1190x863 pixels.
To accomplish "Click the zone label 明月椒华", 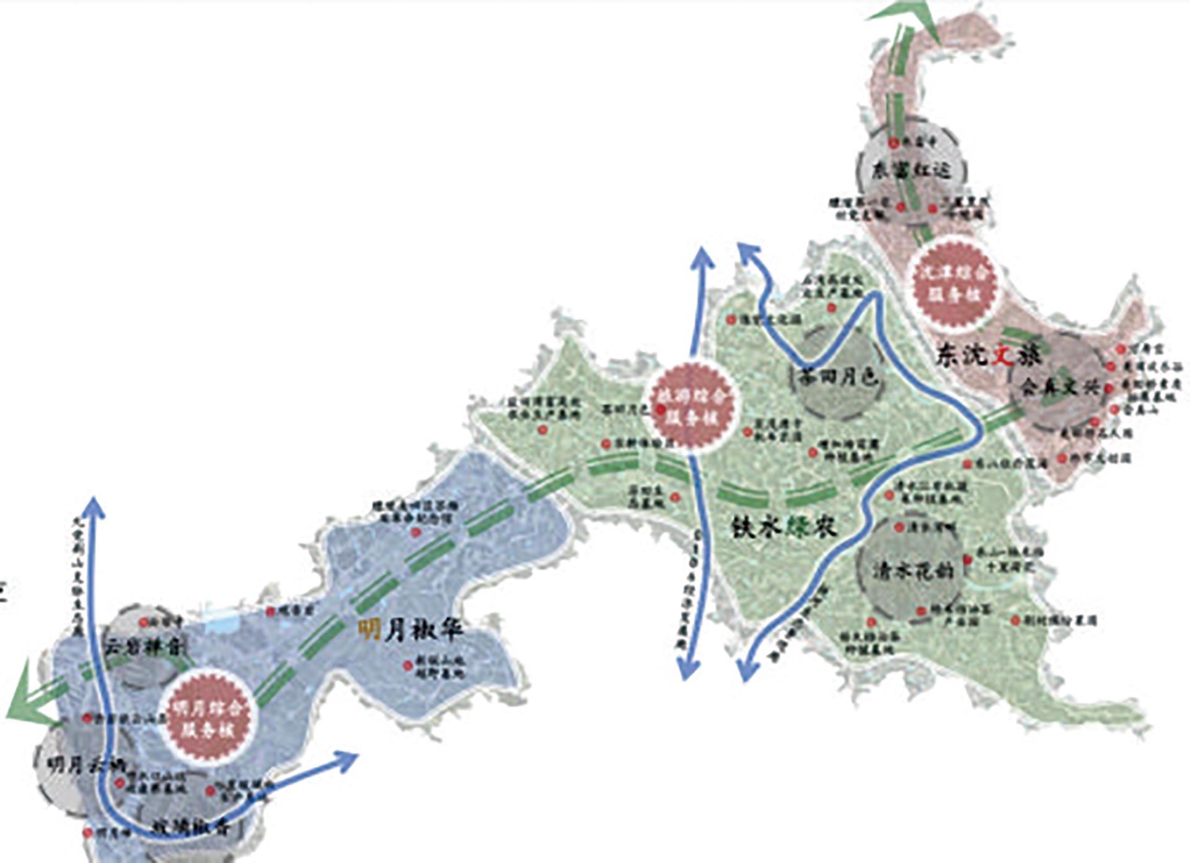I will click(x=411, y=631).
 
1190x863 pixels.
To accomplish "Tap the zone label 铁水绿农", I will click(x=785, y=526).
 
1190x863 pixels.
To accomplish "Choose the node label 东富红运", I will click(x=910, y=170).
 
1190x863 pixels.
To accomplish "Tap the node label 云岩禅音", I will click(x=143, y=648).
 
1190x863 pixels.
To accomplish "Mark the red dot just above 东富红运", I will click(x=893, y=143).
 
